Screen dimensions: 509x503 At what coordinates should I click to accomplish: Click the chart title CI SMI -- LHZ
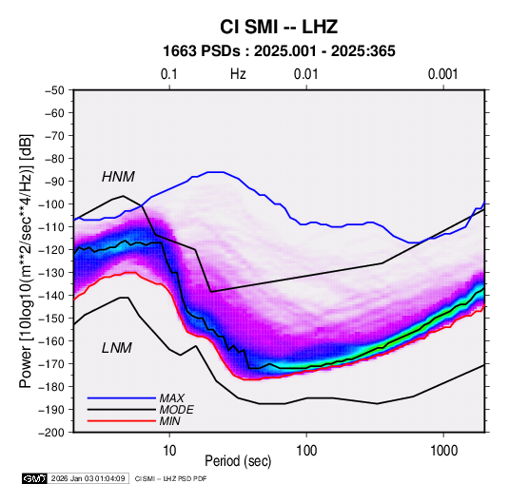click(x=279, y=27)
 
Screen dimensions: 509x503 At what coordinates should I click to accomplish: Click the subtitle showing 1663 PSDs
click(x=279, y=51)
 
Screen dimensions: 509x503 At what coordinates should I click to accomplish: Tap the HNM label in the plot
click(x=118, y=177)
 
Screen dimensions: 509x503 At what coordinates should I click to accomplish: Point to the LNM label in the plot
click(x=117, y=348)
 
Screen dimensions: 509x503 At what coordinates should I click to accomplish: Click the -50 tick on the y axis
click(x=54, y=90)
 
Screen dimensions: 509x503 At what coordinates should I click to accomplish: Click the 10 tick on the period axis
click(x=169, y=451)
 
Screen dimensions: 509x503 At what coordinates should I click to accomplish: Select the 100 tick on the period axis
click(x=306, y=451)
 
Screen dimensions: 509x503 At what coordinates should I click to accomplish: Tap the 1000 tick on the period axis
click(x=443, y=451)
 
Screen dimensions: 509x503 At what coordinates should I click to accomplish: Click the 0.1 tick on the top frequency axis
click(x=169, y=74)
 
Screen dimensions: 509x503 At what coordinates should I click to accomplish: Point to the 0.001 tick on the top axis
click(x=443, y=74)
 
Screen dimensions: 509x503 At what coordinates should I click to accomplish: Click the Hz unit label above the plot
click(x=238, y=74)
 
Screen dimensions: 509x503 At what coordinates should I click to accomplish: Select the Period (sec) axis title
click(x=238, y=461)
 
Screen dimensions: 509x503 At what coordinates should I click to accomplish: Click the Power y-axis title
click(x=26, y=261)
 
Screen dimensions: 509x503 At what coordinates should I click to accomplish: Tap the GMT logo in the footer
click(x=35, y=478)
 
